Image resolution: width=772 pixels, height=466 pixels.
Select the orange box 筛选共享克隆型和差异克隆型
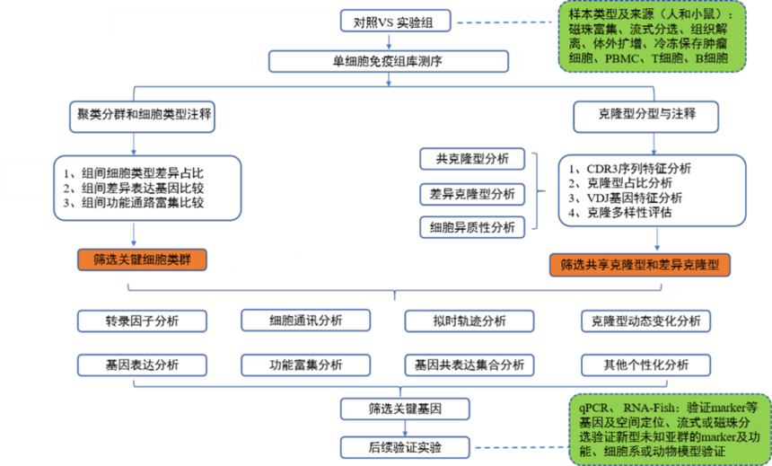[x=640, y=265]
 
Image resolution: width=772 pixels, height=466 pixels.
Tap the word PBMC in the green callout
[x=623, y=58]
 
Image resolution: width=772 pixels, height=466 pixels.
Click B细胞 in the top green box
[x=711, y=58]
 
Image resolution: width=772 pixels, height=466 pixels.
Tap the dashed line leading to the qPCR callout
[x=521, y=446]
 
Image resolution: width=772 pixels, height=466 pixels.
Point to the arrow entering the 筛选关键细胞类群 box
[x=134, y=236]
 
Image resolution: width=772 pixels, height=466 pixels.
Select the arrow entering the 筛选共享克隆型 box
[x=658, y=240]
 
